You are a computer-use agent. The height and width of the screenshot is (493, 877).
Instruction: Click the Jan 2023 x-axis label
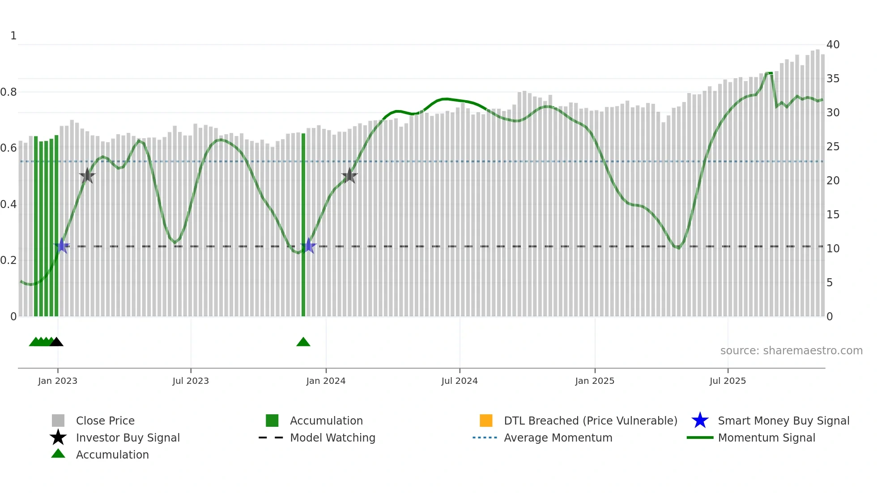coord(58,381)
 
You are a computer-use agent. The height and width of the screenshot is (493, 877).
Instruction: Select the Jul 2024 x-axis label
coord(460,381)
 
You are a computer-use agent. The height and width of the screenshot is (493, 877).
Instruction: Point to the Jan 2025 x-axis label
coord(595,381)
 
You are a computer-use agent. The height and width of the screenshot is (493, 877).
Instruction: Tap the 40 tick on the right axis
coord(833,45)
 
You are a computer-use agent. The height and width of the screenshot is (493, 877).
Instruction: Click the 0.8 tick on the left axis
coord(9,92)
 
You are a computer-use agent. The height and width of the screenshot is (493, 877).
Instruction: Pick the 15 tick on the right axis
coord(833,215)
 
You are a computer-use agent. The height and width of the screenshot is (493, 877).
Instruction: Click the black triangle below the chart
coord(56,342)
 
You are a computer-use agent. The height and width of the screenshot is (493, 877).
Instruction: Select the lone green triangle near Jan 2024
coord(303,342)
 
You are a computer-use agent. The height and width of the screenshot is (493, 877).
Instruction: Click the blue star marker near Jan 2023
coord(62,246)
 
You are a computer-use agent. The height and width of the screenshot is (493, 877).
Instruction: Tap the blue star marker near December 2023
coord(308,246)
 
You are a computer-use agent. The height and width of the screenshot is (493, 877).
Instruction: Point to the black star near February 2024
coord(349,176)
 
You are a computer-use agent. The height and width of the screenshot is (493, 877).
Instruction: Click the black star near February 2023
coord(87,176)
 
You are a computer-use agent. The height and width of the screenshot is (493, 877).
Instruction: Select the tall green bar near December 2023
coord(303,224)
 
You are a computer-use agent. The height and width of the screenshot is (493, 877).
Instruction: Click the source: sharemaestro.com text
coord(791,351)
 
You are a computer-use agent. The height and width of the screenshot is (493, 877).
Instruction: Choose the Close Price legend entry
coord(105,421)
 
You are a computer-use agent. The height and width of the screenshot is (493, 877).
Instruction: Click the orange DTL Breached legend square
coord(486,421)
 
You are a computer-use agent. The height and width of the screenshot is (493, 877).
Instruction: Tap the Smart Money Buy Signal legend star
coord(700,421)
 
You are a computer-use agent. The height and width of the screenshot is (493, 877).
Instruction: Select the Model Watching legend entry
coord(332,438)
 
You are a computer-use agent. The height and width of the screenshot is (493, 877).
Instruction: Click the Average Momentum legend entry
coord(558,438)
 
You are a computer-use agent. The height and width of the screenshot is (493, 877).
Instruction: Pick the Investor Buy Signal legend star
coord(58,438)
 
